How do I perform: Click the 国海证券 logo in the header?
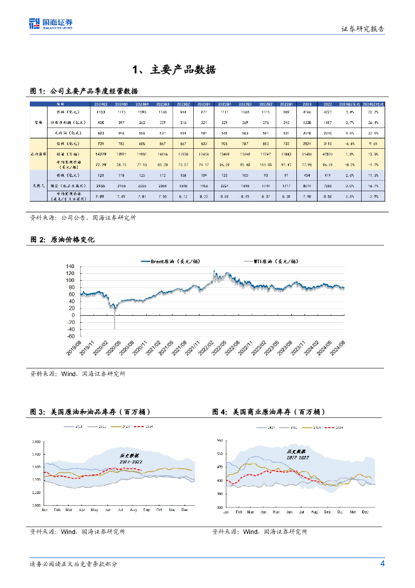pyautogui.click(x=51, y=24)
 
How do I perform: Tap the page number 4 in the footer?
pyautogui.click(x=382, y=563)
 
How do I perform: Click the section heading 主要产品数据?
pyautogui.click(x=174, y=70)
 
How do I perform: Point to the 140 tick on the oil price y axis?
pyautogui.click(x=70, y=267)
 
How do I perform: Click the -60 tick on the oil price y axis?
pyautogui.click(x=69, y=336)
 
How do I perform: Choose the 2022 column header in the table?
pyautogui.click(x=328, y=104)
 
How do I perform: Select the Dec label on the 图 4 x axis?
pyautogui.click(x=365, y=510)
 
